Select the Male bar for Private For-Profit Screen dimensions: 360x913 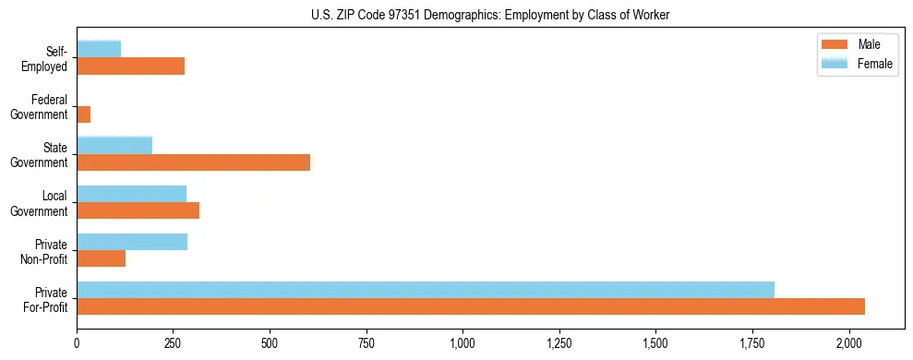pyautogui.click(x=471, y=306)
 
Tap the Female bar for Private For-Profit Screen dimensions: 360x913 pyautogui.click(x=426, y=290)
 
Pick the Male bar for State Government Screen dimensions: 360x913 pyautogui.click(x=194, y=162)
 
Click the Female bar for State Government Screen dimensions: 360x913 pyautogui.click(x=114, y=146)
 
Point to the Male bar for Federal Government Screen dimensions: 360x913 pyautogui.click(x=84, y=114)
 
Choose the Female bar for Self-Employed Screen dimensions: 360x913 pyautogui.click(x=99, y=49)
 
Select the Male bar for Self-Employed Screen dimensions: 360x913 pyautogui.click(x=130, y=66)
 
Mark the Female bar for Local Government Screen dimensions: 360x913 pyautogui.click(x=132, y=194)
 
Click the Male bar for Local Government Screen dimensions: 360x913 pyautogui.click(x=138, y=210)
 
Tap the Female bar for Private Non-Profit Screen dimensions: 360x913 pyautogui.click(x=132, y=242)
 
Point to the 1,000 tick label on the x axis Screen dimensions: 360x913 pyautogui.click(x=463, y=344)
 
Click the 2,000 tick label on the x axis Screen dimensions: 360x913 pyautogui.click(x=848, y=344)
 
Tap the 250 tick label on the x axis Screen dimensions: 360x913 pyautogui.click(x=174, y=344)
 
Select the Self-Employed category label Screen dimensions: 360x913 pyautogui.click(x=46, y=59)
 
